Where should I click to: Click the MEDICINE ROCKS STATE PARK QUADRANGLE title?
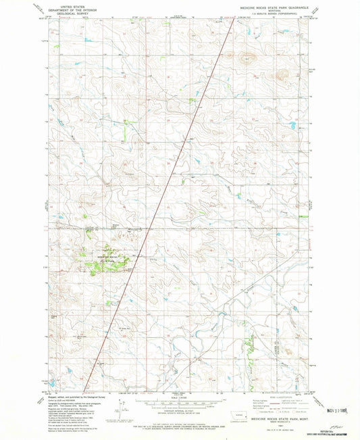coord(274,6)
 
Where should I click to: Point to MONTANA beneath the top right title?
coord(274,9)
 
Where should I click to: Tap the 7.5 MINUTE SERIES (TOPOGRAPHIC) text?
coord(274,13)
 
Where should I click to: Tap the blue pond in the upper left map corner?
coord(88,41)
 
